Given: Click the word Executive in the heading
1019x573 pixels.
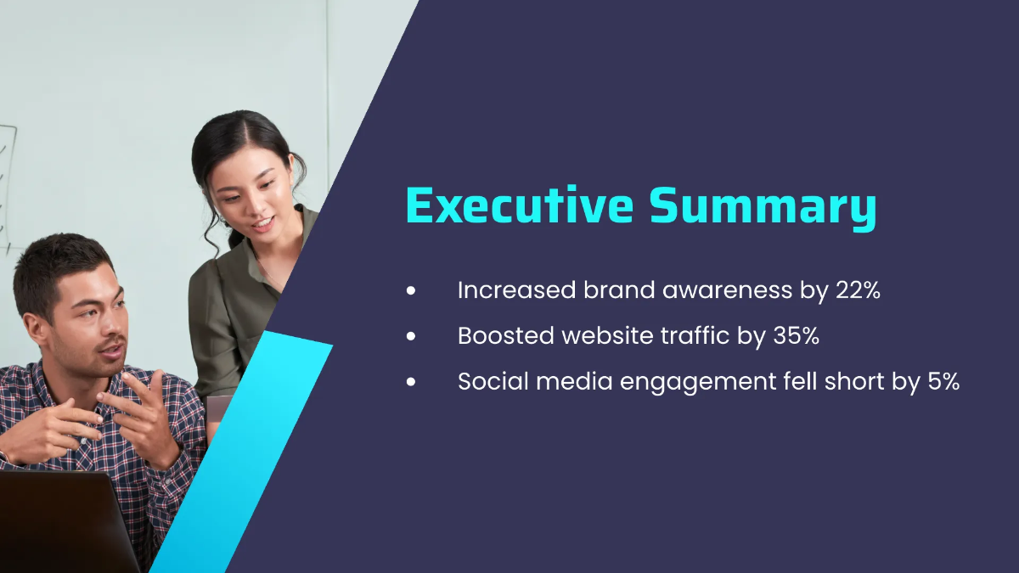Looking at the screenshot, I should pos(520,206).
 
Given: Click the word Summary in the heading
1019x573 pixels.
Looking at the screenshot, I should pos(763,206).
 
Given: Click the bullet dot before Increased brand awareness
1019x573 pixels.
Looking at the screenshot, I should pos(412,291).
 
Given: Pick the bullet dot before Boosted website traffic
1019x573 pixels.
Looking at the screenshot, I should pos(412,337).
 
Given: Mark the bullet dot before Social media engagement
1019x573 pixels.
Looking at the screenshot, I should pos(412,383).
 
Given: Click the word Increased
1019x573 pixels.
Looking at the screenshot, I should pos(516,290).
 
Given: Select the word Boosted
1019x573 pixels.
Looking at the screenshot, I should pos(506,336).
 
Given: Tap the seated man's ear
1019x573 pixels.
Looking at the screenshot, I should pos(37,328).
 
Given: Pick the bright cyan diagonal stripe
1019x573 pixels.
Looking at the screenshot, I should pos(246,450).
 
